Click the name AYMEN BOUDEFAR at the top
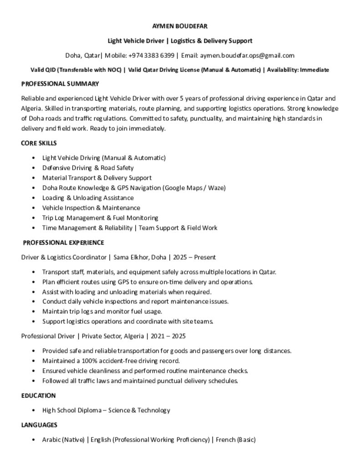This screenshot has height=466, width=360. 180,26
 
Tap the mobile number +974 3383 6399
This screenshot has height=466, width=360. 152,56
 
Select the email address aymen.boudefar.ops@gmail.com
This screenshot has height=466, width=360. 247,56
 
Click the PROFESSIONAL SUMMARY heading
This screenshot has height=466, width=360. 60,84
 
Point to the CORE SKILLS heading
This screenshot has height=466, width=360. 39,143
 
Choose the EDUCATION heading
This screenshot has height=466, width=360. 39,395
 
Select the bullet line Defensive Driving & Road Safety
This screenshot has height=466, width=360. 88,167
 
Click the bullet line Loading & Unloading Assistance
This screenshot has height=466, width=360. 88,198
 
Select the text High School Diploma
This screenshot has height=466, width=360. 71,410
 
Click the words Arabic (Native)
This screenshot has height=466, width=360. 63,440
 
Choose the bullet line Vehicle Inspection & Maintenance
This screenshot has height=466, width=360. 91,208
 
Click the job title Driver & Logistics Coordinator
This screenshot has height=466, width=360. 63,257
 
